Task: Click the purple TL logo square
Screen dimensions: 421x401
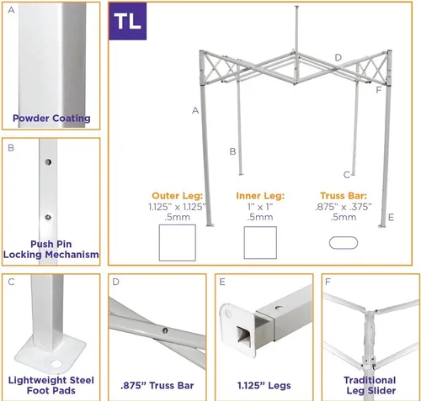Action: click(128, 21)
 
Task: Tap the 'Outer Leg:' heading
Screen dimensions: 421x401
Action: click(177, 196)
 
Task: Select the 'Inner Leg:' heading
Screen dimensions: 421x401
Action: click(260, 196)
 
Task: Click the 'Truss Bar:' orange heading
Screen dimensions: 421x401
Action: click(344, 196)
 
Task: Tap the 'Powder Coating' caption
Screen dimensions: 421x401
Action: click(51, 119)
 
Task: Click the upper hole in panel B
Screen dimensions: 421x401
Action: click(48, 162)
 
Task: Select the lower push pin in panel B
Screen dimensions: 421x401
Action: click(48, 217)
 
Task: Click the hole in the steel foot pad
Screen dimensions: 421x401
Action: click(56, 364)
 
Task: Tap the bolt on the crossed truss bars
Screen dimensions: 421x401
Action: click(165, 330)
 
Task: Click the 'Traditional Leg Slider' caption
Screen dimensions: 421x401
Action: click(370, 385)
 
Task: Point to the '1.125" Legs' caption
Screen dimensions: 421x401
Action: click(264, 386)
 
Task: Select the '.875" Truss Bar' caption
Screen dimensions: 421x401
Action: click(157, 386)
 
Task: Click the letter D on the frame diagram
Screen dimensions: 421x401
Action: click(338, 57)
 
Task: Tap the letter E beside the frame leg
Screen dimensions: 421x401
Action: click(391, 217)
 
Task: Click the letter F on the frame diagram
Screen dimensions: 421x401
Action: click(379, 90)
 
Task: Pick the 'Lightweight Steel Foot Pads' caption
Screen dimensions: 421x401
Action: click(51, 385)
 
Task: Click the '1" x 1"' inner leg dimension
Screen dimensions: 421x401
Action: click(260, 207)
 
